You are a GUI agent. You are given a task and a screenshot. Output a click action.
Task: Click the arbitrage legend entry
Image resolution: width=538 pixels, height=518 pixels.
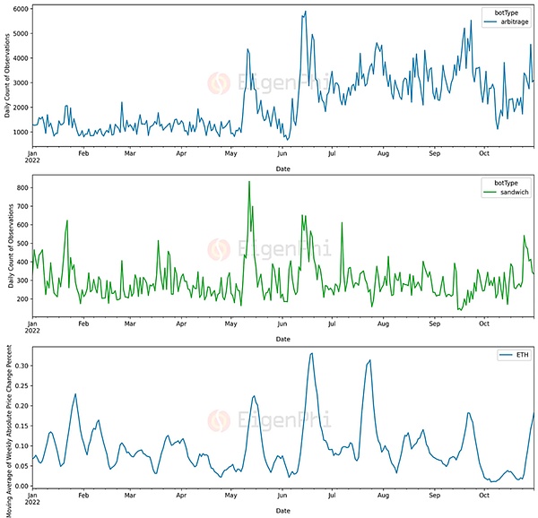511,22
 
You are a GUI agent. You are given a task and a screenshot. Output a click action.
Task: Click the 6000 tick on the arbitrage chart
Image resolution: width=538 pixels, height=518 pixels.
20,9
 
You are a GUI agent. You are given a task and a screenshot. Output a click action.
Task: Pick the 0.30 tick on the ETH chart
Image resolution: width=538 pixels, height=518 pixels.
20,366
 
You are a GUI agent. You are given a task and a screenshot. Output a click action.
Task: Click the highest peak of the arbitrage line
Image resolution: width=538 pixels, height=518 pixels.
306,12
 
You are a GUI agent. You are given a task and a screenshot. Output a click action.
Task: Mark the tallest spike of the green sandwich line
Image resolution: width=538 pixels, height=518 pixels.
248,182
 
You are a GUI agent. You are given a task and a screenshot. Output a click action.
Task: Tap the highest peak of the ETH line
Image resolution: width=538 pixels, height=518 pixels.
311,353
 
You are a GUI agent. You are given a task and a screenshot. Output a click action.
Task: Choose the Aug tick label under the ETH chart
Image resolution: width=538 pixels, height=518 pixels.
383,494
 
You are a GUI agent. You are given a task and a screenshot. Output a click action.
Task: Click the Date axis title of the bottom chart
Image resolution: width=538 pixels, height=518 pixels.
282,510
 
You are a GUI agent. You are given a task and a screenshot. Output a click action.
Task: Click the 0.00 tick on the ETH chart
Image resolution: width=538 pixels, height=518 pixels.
20,485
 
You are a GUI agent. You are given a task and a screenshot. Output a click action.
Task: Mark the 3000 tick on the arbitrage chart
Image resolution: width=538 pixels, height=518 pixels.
20,82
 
